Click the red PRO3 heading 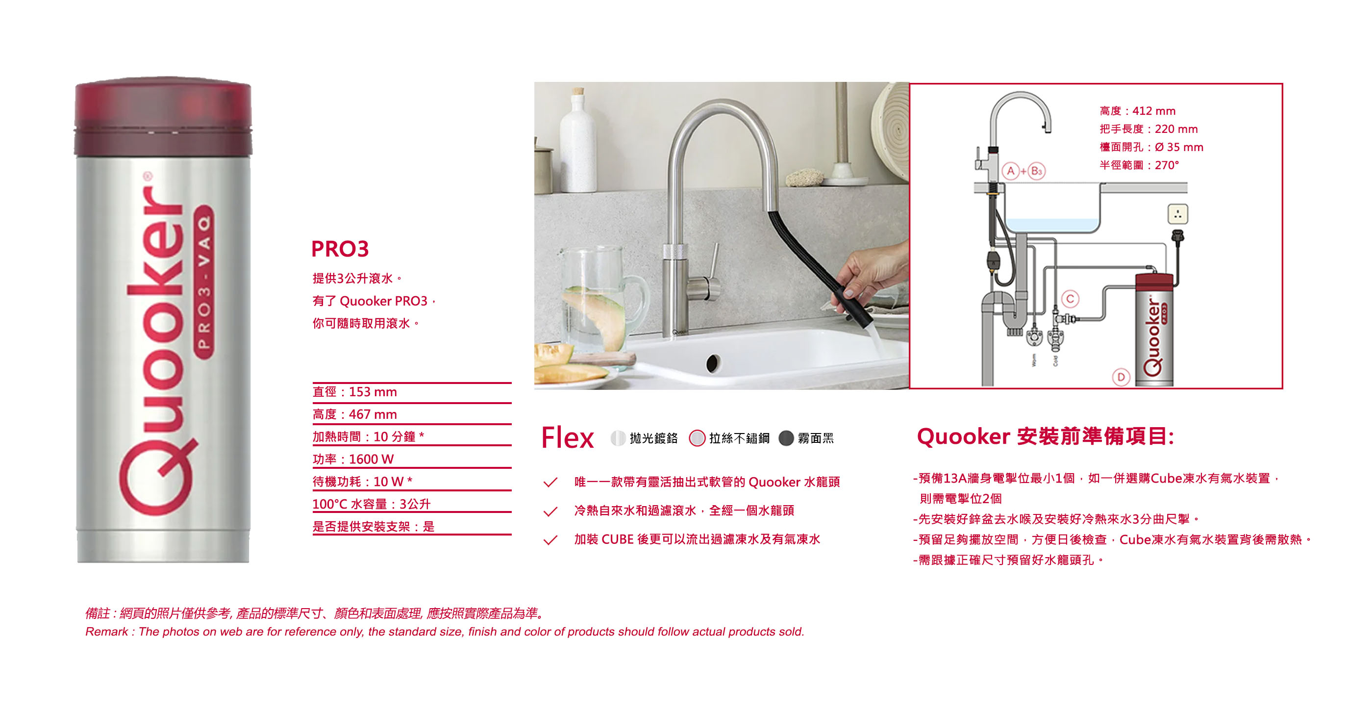point(340,249)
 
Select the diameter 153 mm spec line point(354,392)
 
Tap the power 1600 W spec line point(353,460)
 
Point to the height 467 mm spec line point(354,414)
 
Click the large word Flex point(568,438)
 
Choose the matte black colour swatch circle point(786,438)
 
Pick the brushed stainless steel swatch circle point(697,438)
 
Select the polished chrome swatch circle point(618,438)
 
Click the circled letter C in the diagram point(1071,299)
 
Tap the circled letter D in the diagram point(1121,377)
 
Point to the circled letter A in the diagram point(1011,171)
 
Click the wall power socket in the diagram point(1178,214)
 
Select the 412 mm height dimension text point(1137,111)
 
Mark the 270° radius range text point(1139,165)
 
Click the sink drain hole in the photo point(713,362)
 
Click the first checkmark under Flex point(550,482)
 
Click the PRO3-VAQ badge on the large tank point(204,282)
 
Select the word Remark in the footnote point(106,632)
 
